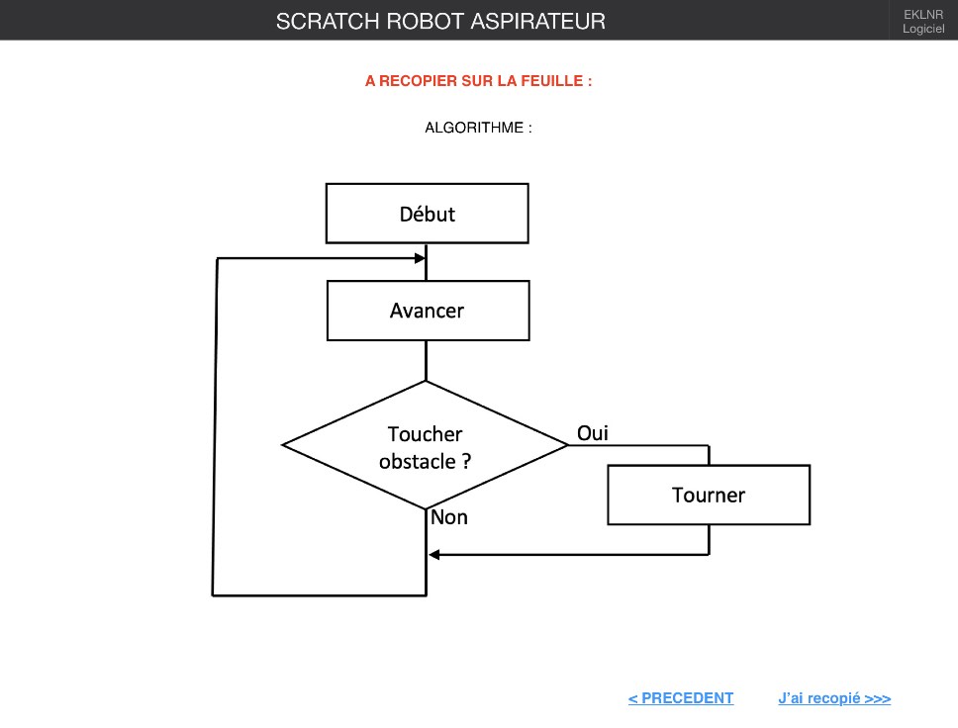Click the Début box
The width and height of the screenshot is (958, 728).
(x=428, y=213)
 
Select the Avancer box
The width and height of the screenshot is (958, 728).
(x=428, y=311)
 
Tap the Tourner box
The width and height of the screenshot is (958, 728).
(x=709, y=495)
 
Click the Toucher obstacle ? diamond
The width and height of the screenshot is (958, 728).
(x=426, y=445)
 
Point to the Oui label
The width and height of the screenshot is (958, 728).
(x=593, y=433)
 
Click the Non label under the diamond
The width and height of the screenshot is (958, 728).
(x=449, y=517)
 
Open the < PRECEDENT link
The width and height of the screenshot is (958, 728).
(x=681, y=698)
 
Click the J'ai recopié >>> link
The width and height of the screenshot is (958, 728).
(x=834, y=698)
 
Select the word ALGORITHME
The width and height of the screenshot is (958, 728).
(x=474, y=128)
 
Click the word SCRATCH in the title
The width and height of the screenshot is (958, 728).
(x=328, y=22)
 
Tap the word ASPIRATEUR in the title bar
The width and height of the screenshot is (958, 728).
(x=537, y=22)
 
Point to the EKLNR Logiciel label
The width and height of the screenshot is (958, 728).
(x=923, y=22)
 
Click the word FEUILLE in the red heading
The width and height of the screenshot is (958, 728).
(x=552, y=81)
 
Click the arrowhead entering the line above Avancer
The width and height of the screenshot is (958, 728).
(x=420, y=258)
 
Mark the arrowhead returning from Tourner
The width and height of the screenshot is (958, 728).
(x=433, y=555)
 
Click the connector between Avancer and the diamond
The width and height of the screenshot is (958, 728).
(x=426, y=361)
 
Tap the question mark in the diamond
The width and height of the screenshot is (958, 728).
(x=466, y=461)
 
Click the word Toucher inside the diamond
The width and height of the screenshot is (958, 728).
(x=426, y=433)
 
